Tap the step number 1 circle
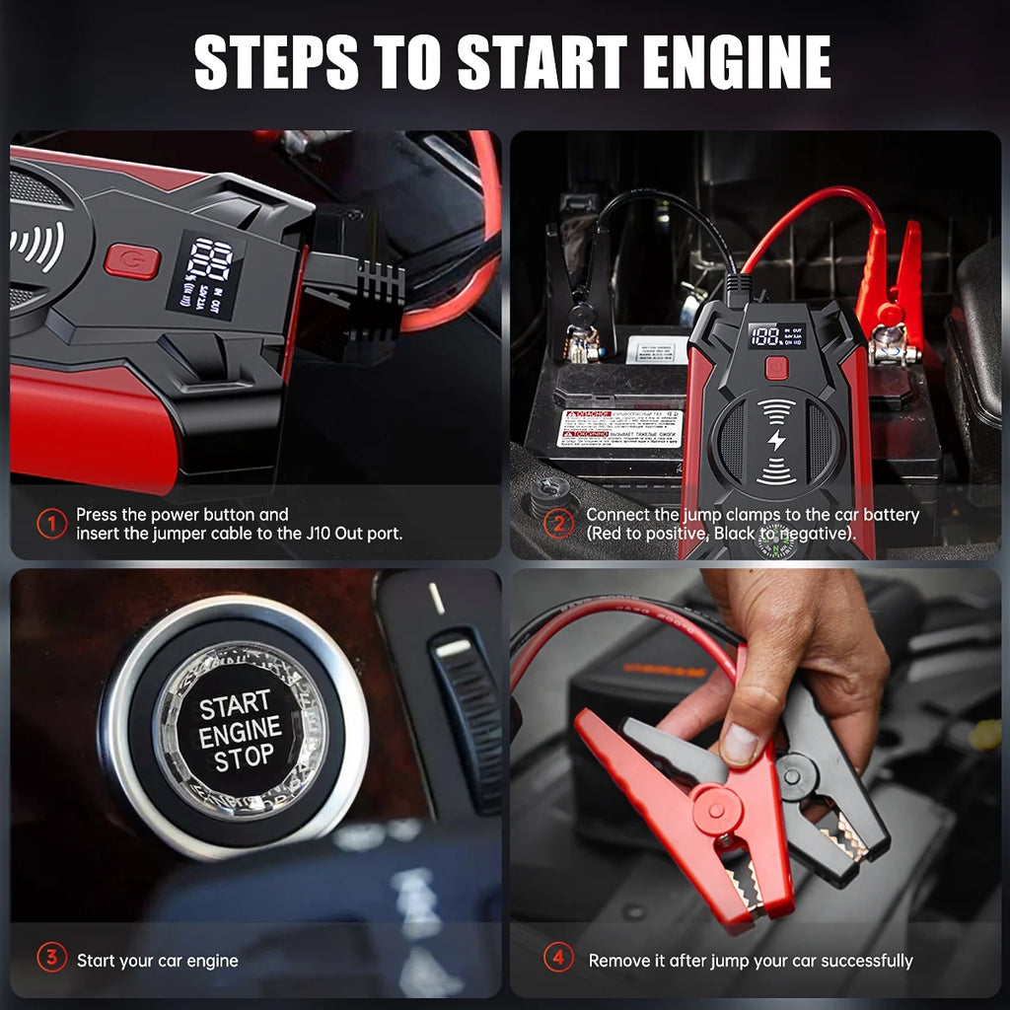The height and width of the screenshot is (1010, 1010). [x=51, y=523]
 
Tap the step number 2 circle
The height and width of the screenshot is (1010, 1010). [x=558, y=523]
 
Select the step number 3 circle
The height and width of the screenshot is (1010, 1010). [x=51, y=959]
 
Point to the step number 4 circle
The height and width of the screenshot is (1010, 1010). [x=558, y=959]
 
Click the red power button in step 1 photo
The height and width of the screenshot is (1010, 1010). [x=131, y=261]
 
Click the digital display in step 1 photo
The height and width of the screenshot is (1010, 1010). [x=205, y=275]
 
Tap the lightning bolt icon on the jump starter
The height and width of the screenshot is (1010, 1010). [x=777, y=441]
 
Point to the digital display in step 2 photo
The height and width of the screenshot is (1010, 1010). [x=775, y=336]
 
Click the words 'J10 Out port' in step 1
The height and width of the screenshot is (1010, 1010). [x=355, y=534]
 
